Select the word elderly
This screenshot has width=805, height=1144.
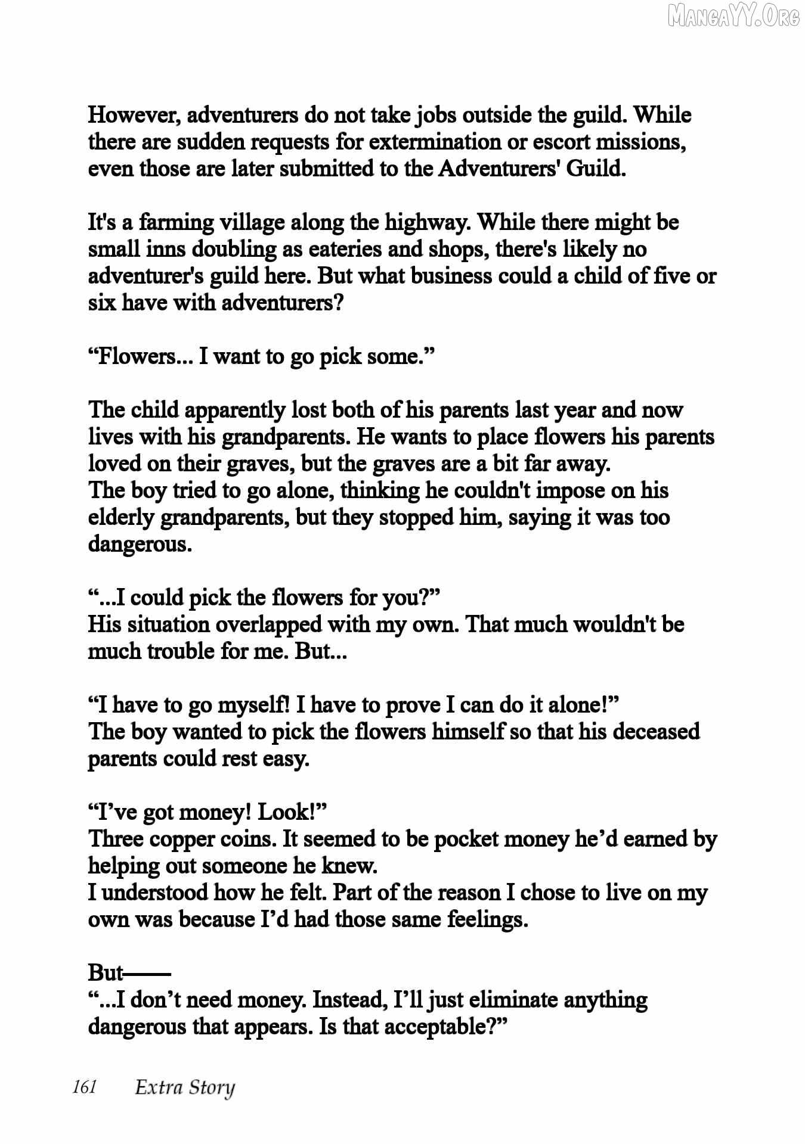121,517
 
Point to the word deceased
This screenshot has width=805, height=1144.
656,732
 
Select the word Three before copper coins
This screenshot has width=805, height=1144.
116,839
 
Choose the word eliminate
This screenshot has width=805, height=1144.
512,1000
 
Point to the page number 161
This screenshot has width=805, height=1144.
84,1087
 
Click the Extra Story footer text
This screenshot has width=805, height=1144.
185,1088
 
